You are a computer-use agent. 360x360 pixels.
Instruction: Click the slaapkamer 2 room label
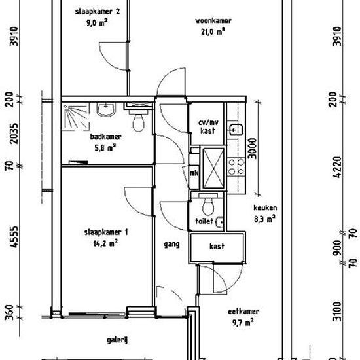tap(98, 12)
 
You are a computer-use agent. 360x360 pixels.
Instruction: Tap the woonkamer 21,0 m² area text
tap(213, 31)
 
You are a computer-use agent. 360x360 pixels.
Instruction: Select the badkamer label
tap(105, 137)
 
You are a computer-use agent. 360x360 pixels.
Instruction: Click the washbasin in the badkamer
tap(106, 109)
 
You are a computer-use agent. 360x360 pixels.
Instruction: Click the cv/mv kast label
tap(208, 126)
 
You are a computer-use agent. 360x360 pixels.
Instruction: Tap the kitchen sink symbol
tap(235, 130)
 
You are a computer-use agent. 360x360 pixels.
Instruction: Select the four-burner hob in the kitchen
tap(236, 167)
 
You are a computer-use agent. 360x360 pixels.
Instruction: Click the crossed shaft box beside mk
tap(213, 168)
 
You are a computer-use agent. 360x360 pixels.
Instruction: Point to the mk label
tap(194, 173)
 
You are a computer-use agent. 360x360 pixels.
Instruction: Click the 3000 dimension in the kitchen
tap(252, 149)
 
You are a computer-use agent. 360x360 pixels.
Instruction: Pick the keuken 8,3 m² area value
tap(264, 219)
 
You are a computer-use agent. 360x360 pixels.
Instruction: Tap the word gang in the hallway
tap(171, 245)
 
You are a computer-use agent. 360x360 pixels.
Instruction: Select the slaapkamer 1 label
tap(106, 232)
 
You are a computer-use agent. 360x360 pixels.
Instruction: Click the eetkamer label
tap(243, 312)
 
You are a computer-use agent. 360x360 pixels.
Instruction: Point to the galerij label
tap(117, 340)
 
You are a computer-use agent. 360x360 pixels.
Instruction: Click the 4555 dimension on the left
tap(14, 237)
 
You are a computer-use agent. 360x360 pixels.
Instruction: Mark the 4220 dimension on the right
tap(337, 167)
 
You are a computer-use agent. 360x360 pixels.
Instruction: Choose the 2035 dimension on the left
tap(14, 134)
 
